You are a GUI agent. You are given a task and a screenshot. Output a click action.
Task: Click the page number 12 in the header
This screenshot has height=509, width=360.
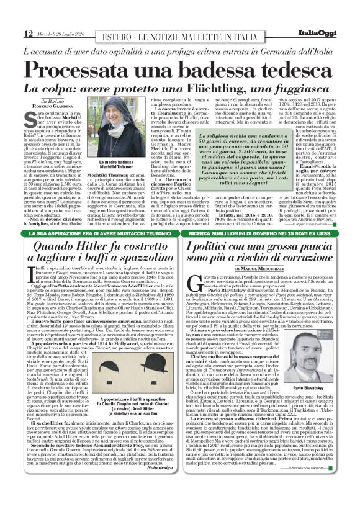[x=11, y=33]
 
